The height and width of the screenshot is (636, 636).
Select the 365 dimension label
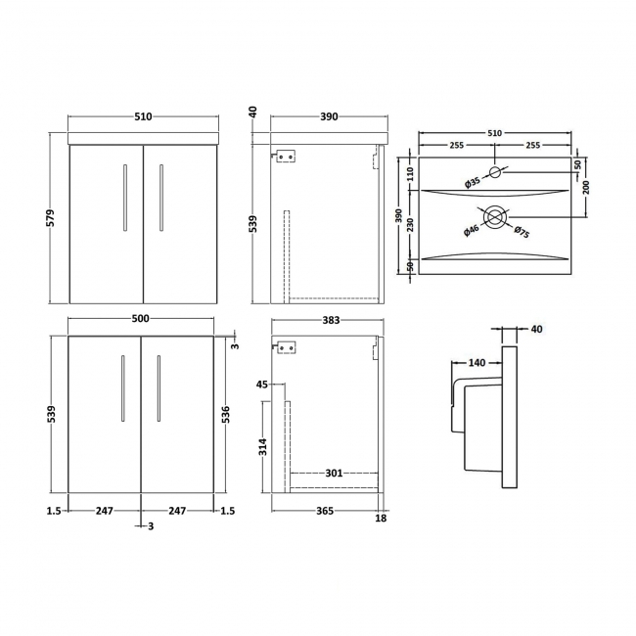click(325, 510)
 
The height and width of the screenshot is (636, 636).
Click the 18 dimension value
click(382, 518)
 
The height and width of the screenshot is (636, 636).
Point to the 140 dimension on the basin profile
click(477, 363)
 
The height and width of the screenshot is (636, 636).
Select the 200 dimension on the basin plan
click(586, 187)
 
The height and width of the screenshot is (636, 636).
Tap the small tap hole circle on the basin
click(495, 173)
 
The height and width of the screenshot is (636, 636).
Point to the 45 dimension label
click(262, 385)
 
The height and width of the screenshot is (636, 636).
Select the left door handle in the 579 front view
click(124, 197)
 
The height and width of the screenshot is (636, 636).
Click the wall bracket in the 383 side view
click(285, 346)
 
